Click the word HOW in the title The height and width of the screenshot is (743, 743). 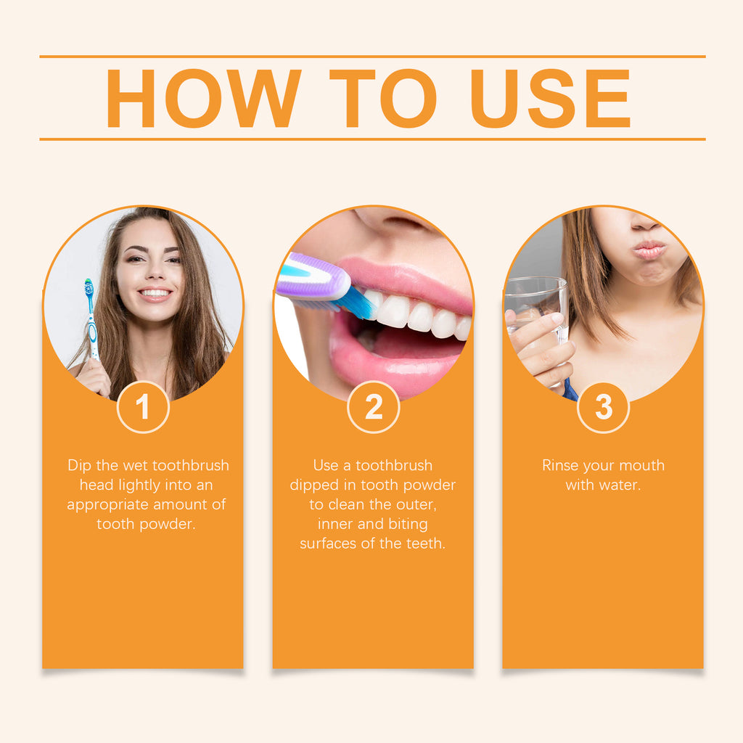click(x=203, y=99)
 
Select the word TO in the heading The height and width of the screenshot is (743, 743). click(x=382, y=99)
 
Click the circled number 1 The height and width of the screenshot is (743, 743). click(x=143, y=408)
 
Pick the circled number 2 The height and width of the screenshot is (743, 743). click(x=373, y=408)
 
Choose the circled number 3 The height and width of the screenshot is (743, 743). click(x=603, y=408)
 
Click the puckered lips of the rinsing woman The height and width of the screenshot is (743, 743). click(x=650, y=250)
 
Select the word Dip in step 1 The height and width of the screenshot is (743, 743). click(x=80, y=465)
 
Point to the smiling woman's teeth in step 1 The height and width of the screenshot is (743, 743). click(x=155, y=292)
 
